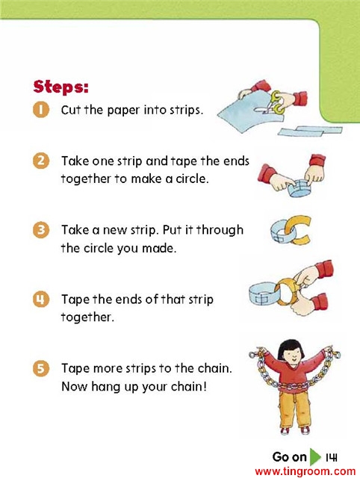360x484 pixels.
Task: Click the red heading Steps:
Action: tap(60, 87)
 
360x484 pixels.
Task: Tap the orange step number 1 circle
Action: tap(41, 110)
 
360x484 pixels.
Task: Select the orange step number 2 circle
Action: tap(41, 161)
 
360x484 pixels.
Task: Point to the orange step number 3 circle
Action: tap(41, 230)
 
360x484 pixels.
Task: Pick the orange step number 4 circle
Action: tap(41, 300)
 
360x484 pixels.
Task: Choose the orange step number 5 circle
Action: tap(41, 368)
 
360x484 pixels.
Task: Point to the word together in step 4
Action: tap(87, 317)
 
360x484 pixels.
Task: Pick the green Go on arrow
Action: tap(315, 457)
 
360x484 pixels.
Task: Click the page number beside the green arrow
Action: tap(332, 457)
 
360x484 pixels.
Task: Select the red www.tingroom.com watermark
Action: tap(305, 471)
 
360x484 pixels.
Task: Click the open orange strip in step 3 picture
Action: tap(298, 230)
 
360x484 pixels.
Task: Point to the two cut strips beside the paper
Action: tap(310, 131)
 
